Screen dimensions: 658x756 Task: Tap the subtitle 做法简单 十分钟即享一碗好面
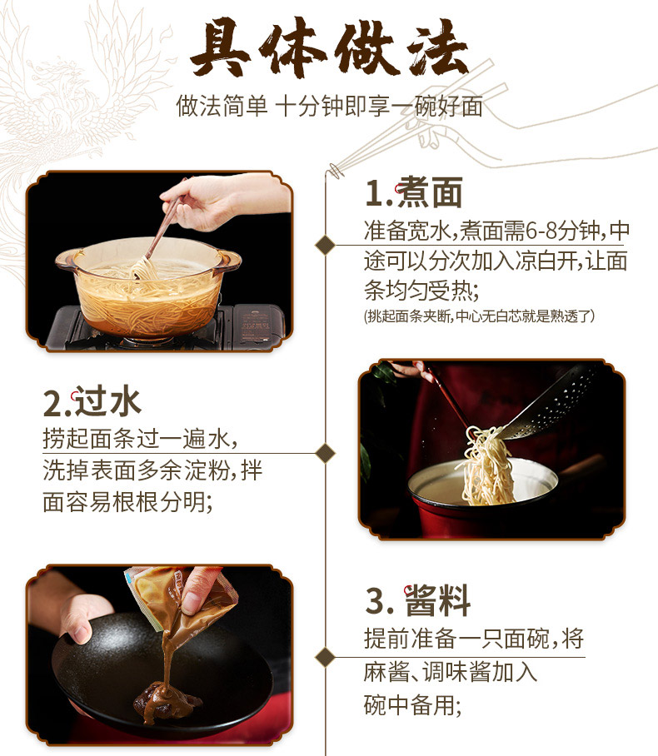pos(330,106)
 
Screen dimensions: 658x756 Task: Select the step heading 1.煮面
pos(414,191)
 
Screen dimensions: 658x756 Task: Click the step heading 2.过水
pos(92,401)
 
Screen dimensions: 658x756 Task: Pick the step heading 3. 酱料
pos(418,600)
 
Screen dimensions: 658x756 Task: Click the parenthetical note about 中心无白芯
pos(479,316)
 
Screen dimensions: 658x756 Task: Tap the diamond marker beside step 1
pos(325,245)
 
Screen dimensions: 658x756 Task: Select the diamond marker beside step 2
pos(325,453)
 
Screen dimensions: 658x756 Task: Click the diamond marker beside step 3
pos(325,657)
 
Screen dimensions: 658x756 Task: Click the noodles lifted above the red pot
pos(486,465)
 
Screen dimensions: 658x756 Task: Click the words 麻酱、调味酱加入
pos(451,672)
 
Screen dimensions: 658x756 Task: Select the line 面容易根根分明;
pos(127,501)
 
